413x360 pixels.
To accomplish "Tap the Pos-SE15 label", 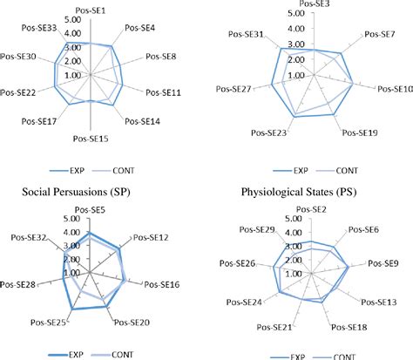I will click(91, 138).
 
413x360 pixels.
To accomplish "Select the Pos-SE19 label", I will click(359, 134).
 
